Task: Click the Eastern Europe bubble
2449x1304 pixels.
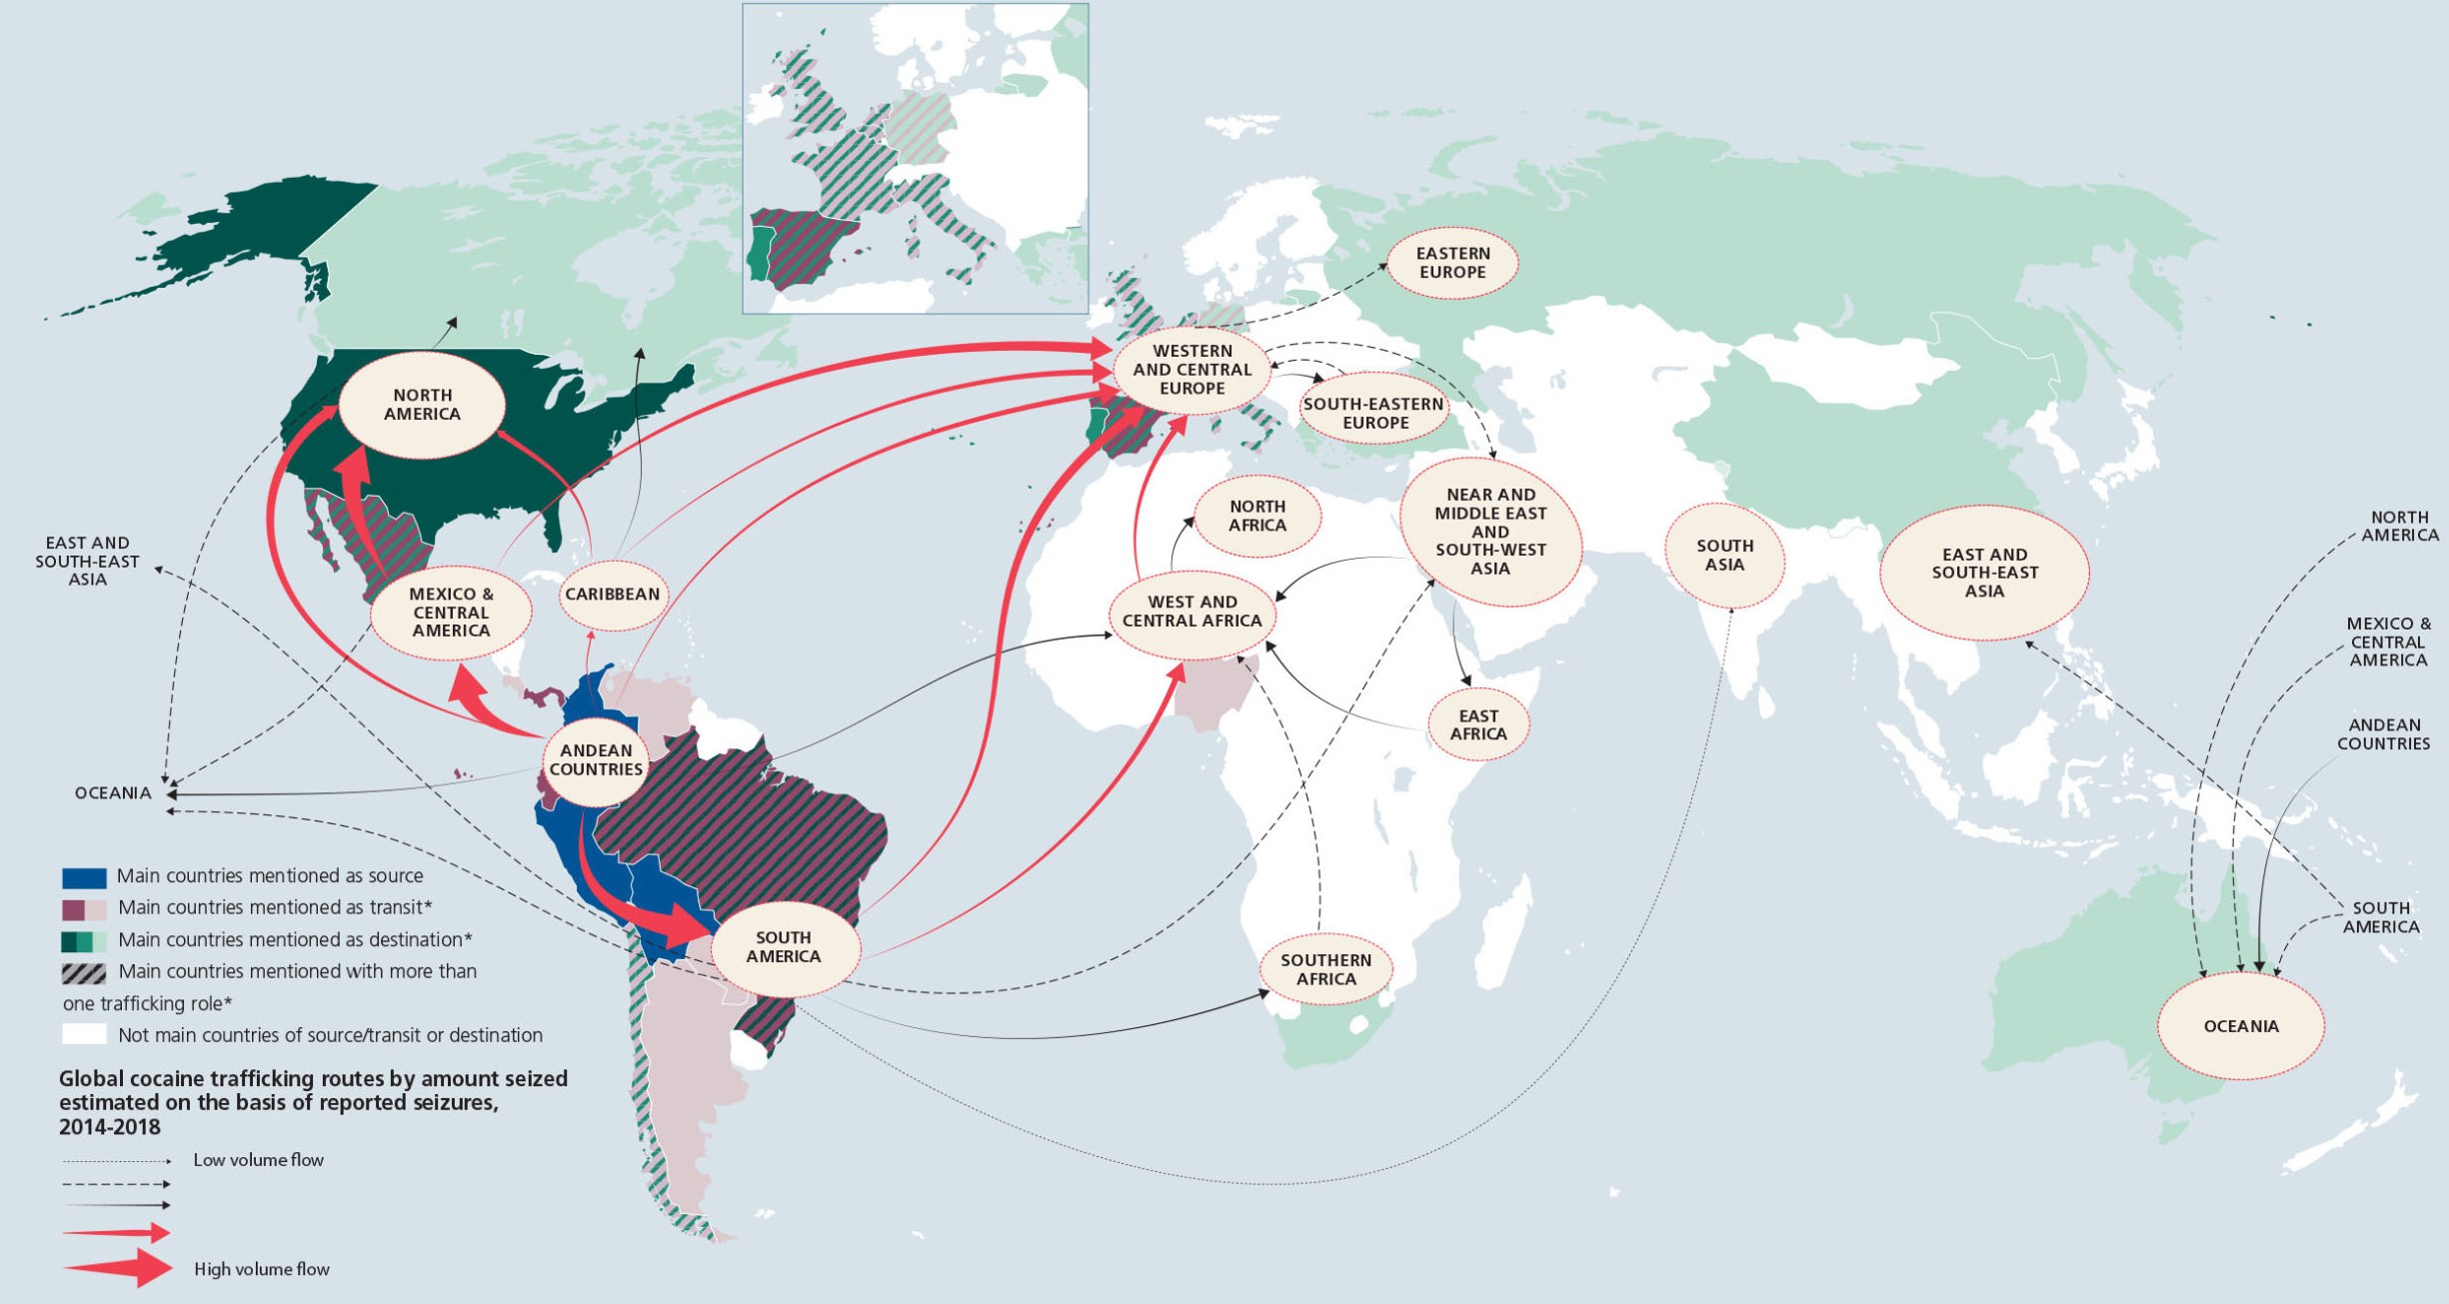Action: click(x=1452, y=263)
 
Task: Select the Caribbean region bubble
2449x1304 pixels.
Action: click(x=613, y=594)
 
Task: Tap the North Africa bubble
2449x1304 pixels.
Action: click(x=1257, y=516)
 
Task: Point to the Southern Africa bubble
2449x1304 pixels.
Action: click(x=1325, y=969)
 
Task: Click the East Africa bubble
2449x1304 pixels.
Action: click(x=1478, y=724)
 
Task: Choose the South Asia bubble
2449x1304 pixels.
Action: click(x=1724, y=555)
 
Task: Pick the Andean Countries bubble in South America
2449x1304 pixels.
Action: click(x=596, y=760)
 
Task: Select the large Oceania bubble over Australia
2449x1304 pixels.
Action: click(x=2240, y=1026)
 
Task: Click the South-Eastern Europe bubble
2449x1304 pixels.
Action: click(x=1374, y=413)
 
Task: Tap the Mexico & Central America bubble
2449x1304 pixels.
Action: click(x=451, y=612)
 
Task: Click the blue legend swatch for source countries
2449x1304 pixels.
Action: click(x=84, y=877)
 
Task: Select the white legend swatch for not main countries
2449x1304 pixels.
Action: click(x=84, y=1034)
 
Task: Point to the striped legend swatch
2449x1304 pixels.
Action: click(x=84, y=972)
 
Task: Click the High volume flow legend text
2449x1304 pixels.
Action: click(x=262, y=1269)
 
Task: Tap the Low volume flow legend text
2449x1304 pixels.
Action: click(x=258, y=1160)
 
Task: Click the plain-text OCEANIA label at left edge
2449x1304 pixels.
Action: click(x=113, y=793)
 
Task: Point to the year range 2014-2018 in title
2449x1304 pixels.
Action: click(x=110, y=1127)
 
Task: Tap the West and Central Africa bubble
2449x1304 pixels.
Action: click(x=1192, y=611)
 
